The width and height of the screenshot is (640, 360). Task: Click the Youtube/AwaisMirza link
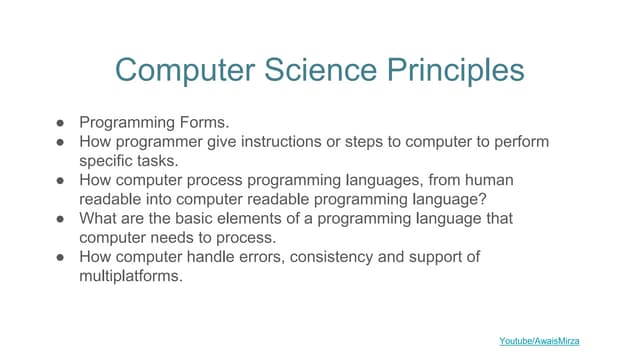click(539, 341)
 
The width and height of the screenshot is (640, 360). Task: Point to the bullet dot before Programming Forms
click(60, 123)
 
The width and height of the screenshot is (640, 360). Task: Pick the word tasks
click(160, 160)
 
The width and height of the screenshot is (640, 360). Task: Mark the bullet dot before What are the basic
click(60, 218)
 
